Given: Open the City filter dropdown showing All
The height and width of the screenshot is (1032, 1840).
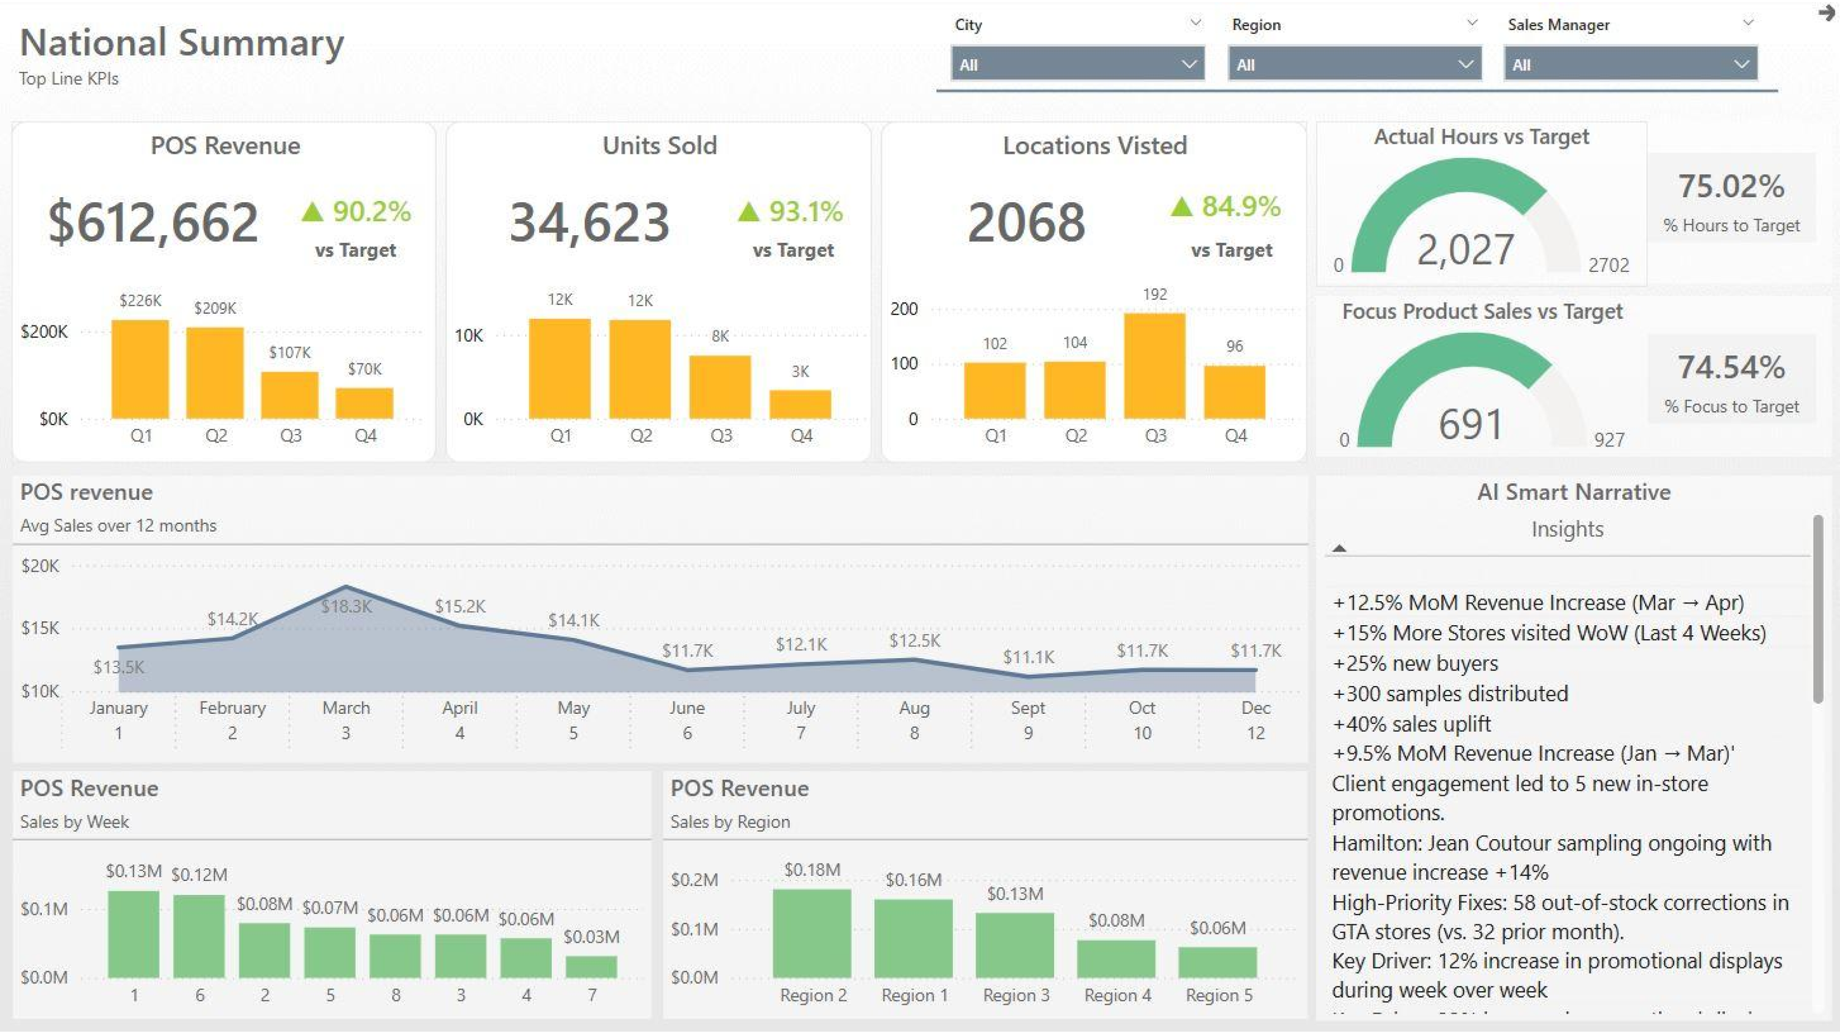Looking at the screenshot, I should coord(1076,64).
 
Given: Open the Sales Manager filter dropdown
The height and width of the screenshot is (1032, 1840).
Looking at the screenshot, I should coord(1629,64).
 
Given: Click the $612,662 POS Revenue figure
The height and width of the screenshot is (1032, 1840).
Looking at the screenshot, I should coord(153,222).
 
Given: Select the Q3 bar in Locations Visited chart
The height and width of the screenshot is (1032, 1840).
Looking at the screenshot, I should coord(1154,366).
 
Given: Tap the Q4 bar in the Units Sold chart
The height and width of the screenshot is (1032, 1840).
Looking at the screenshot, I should coord(800,404).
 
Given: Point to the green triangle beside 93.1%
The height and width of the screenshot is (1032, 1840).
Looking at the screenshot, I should coord(748,212).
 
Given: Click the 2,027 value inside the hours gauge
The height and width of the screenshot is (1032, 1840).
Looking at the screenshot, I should coord(1465,250).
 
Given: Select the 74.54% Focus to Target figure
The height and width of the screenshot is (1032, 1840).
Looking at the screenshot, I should coord(1731,367).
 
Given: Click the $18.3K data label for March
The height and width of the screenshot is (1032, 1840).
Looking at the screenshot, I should coord(346,607).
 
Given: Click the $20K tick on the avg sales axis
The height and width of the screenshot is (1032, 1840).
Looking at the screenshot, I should coord(40,566).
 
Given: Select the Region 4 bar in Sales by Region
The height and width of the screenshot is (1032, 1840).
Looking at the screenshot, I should coord(1115,958).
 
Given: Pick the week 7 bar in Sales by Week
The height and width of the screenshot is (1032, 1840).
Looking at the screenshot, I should coord(591,966).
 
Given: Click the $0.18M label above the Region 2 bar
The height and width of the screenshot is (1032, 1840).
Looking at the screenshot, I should coord(811,870).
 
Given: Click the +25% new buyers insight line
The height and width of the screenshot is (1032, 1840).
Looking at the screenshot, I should coord(1415,663).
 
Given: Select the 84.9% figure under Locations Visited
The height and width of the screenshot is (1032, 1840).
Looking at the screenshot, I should coord(1240,207).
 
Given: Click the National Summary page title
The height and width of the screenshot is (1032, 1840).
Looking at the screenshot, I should coord(182,43).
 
